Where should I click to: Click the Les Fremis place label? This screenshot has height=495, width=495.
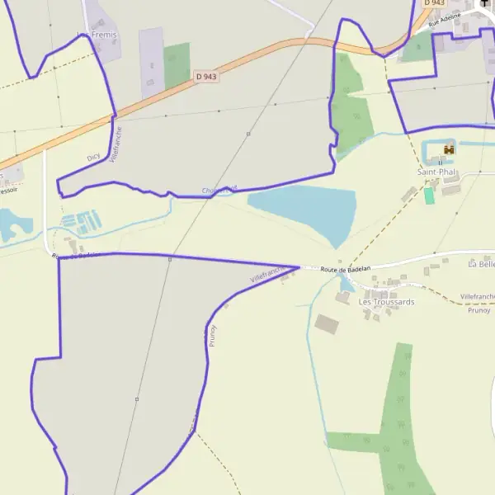tap(97, 35)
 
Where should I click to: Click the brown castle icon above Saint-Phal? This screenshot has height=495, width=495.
tap(449, 150)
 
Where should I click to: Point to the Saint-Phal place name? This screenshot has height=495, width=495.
tap(436, 172)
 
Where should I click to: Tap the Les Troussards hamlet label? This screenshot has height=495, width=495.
tap(386, 302)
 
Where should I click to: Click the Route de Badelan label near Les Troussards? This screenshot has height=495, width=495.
tap(346, 269)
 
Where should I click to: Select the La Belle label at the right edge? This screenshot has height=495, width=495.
tap(481, 265)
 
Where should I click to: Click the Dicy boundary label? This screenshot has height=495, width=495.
tap(94, 156)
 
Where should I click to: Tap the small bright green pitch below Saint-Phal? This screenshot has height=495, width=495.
tap(429, 196)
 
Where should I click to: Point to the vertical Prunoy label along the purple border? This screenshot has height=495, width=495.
tap(213, 334)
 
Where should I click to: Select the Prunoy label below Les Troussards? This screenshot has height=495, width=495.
tap(478, 310)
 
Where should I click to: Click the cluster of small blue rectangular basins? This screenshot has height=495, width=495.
tap(82, 220)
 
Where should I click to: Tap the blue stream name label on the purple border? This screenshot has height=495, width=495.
tap(219, 191)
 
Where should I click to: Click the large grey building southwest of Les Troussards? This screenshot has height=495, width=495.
tap(328, 323)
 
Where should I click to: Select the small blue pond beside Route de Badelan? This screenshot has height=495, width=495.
tap(344, 285)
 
